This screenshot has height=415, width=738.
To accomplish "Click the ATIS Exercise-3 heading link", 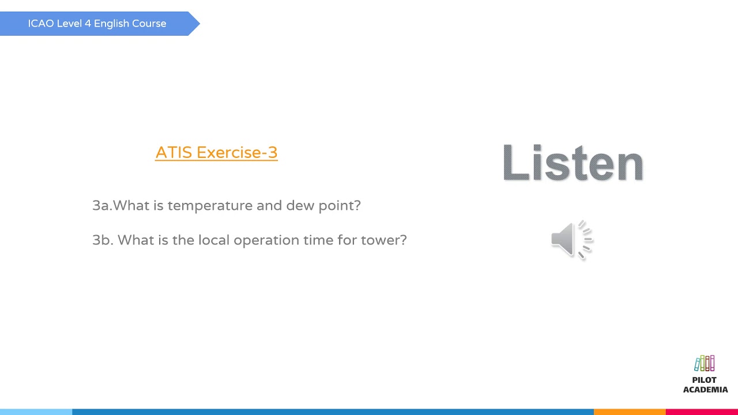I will point(216,153).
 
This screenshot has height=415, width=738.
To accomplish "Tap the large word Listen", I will point(573,163).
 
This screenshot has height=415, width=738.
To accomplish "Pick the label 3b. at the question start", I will point(103,240).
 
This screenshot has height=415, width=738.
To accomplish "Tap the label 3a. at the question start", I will point(102,206).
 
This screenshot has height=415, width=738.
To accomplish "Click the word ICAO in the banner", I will point(40,24).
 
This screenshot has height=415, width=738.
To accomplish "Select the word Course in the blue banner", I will point(149,24).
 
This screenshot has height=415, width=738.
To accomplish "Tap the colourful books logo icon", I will point(705,364).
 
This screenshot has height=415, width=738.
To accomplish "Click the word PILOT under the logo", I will point(704,380).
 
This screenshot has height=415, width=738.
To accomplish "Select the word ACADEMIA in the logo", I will point(705,390).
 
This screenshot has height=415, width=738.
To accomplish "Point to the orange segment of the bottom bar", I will point(630,412).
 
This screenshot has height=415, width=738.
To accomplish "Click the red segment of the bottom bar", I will point(702,412).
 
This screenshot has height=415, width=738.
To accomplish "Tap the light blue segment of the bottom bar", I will point(36,412).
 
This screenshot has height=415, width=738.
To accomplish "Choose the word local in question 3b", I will point(214,240).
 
